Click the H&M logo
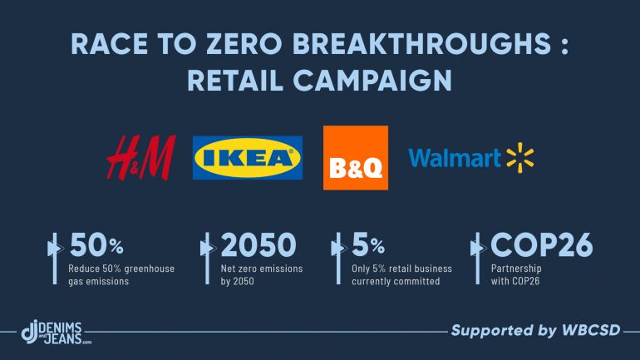pos(141,157)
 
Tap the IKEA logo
pos(248,157)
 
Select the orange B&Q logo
pos(356,157)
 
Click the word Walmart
pos(455,157)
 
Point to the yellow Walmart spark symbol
pos(520,157)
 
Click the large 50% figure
pos(96,244)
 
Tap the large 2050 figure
pos(258,244)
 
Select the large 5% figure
pos(368,244)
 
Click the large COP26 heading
pos(542,244)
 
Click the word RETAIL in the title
pos(235,80)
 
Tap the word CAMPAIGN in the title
pos(372,80)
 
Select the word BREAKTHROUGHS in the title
pos(422,44)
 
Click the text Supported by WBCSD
pos(535,330)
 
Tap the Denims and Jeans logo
pos(57,333)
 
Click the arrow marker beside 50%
pos(55,259)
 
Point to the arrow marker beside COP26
pos(478,259)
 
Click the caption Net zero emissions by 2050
pos(262,274)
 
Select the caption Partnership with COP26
pos(516,274)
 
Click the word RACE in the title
pos(110,44)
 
